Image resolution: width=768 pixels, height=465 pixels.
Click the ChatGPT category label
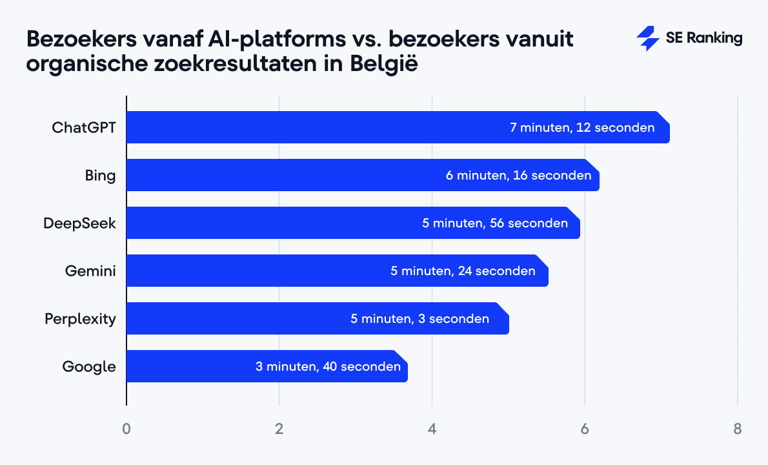[x=84, y=127]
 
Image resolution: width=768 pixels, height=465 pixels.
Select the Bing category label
[x=100, y=175]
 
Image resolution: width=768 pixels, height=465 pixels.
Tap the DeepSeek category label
[x=79, y=223]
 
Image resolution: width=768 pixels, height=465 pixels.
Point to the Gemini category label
[x=90, y=271]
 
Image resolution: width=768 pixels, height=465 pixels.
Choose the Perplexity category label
[x=80, y=318]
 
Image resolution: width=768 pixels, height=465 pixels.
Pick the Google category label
[x=89, y=367]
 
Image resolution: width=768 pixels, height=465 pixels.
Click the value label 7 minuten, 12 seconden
[x=582, y=127]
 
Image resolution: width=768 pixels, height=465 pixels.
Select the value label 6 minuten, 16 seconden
[x=518, y=175]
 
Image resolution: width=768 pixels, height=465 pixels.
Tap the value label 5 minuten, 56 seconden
[x=495, y=223]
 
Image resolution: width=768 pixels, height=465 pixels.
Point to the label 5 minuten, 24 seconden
[x=463, y=271]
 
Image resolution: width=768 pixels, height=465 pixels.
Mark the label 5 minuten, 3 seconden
[x=419, y=318]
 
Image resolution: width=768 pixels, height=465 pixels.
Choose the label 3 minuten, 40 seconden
[x=328, y=367]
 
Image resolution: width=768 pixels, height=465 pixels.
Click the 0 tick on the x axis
[x=126, y=429]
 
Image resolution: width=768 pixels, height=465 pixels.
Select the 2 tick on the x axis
[x=279, y=429]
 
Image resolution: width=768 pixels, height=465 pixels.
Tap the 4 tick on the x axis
[x=432, y=429]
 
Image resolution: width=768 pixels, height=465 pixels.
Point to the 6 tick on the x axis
[x=585, y=429]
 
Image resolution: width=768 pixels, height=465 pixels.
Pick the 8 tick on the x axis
[x=738, y=429]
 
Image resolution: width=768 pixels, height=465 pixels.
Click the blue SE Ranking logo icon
[x=647, y=39]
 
